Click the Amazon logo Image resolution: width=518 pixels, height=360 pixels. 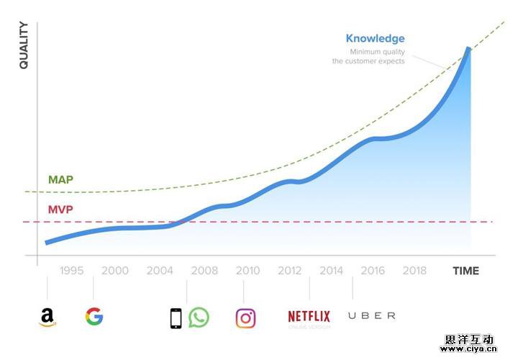[47, 317]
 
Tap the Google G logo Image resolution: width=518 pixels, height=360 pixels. [94, 316]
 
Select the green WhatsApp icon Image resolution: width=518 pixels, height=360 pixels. [199, 318]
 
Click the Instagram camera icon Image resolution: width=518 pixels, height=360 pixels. [245, 318]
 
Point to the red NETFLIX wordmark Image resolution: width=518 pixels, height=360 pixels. [309, 316]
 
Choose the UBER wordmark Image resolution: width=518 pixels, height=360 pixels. [371, 316]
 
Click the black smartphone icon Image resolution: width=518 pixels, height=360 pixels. [176, 318]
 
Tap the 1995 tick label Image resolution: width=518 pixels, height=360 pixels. [72, 271]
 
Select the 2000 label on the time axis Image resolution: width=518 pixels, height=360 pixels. [115, 271]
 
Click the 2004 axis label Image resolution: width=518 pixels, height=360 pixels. [160, 271]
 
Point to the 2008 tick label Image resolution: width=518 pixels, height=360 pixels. [204, 271]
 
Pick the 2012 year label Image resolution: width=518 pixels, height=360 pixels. [289, 271]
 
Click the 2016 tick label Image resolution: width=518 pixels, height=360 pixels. [373, 271]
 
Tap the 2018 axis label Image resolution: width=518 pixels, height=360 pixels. [414, 271]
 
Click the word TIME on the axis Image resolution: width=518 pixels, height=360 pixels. [465, 271]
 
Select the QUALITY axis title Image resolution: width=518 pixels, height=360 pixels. [24, 45]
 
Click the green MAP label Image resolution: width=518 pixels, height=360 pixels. [60, 179]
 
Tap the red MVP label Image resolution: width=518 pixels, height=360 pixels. [60, 210]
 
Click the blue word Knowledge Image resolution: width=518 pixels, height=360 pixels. [375, 39]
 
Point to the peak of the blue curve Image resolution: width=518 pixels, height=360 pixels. [469, 49]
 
